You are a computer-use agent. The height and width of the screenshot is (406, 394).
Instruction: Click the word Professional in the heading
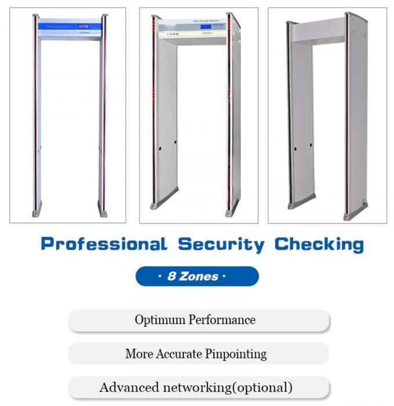[x=104, y=244]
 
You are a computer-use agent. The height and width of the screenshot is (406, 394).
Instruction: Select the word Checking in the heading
[x=319, y=244]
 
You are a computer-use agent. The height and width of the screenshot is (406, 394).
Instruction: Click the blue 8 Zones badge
[x=197, y=276]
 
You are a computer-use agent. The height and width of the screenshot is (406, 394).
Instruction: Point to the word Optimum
[x=158, y=320]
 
